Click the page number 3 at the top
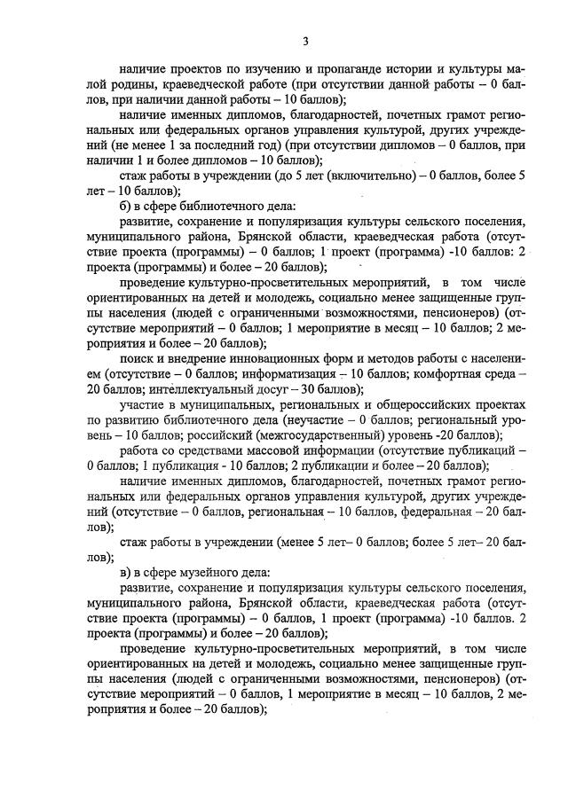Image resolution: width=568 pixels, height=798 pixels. (304, 41)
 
